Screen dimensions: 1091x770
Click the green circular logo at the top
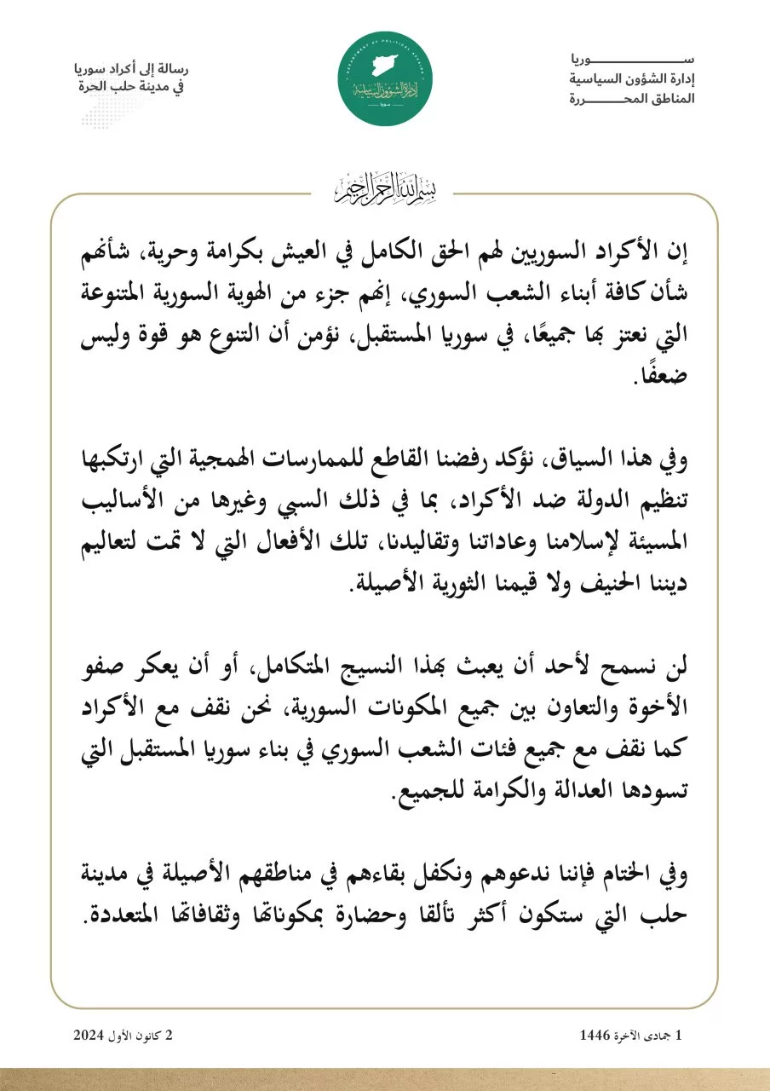[385, 79]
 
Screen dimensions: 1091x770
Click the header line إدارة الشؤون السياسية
[632, 79]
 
